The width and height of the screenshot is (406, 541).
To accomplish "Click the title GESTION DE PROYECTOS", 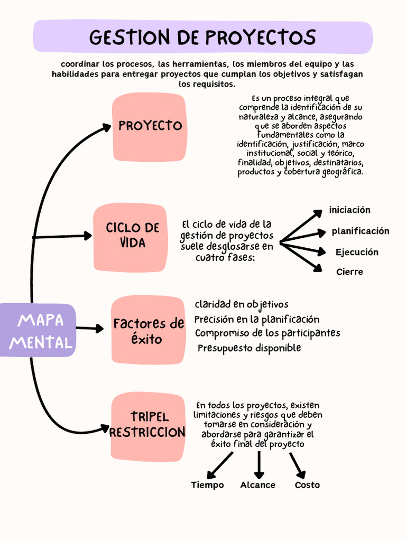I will (x=202, y=38).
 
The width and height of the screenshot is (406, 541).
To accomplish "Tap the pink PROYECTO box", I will (x=150, y=126).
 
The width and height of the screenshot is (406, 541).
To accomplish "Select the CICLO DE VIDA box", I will (x=130, y=237).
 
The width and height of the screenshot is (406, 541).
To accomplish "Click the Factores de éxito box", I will (x=147, y=330).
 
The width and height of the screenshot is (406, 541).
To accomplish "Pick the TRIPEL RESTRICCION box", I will (x=148, y=426).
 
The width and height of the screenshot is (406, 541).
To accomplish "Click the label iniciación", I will (x=349, y=210).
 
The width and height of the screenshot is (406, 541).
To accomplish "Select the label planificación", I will (x=360, y=231).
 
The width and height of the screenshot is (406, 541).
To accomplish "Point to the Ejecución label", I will (x=357, y=253).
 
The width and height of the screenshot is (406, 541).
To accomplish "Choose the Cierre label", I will (x=349, y=272).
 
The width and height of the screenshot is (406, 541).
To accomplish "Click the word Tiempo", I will (x=207, y=485).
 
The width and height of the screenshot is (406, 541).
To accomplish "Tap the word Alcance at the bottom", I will (x=257, y=485).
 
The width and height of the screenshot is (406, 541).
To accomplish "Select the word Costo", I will (x=307, y=485).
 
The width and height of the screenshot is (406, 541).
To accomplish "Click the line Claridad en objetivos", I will (x=242, y=305).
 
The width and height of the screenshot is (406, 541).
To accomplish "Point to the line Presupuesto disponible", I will (x=249, y=348).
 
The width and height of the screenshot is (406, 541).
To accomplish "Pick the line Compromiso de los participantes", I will (x=267, y=333).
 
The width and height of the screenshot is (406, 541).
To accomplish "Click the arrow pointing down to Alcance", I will (x=259, y=465).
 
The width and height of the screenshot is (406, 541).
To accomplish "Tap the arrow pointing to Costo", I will (x=297, y=465).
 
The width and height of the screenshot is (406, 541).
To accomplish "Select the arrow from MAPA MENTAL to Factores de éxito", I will (x=89, y=329).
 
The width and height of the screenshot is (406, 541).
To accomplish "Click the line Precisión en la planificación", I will (x=257, y=320).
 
